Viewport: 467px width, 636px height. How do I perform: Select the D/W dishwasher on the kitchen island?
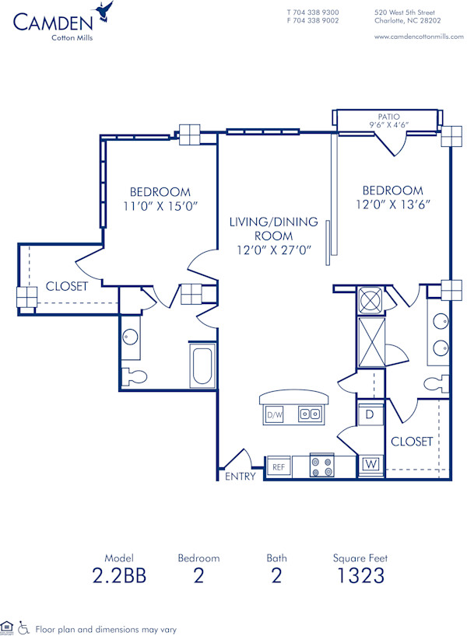(x=274, y=415)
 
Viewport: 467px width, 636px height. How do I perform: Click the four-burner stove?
(x=321, y=467)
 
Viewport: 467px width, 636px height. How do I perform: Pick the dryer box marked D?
(x=369, y=414)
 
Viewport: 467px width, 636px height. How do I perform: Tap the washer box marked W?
(x=370, y=466)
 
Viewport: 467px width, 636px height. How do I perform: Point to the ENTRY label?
(x=240, y=477)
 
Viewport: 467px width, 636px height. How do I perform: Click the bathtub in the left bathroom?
(x=203, y=366)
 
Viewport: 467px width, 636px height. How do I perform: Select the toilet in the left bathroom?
(x=135, y=376)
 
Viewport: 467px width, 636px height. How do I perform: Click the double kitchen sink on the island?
(x=311, y=414)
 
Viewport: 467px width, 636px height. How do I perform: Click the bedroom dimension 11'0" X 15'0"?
(x=160, y=206)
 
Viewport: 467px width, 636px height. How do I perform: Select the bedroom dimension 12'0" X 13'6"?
(x=392, y=204)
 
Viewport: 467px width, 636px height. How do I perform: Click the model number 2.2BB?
(x=118, y=576)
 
